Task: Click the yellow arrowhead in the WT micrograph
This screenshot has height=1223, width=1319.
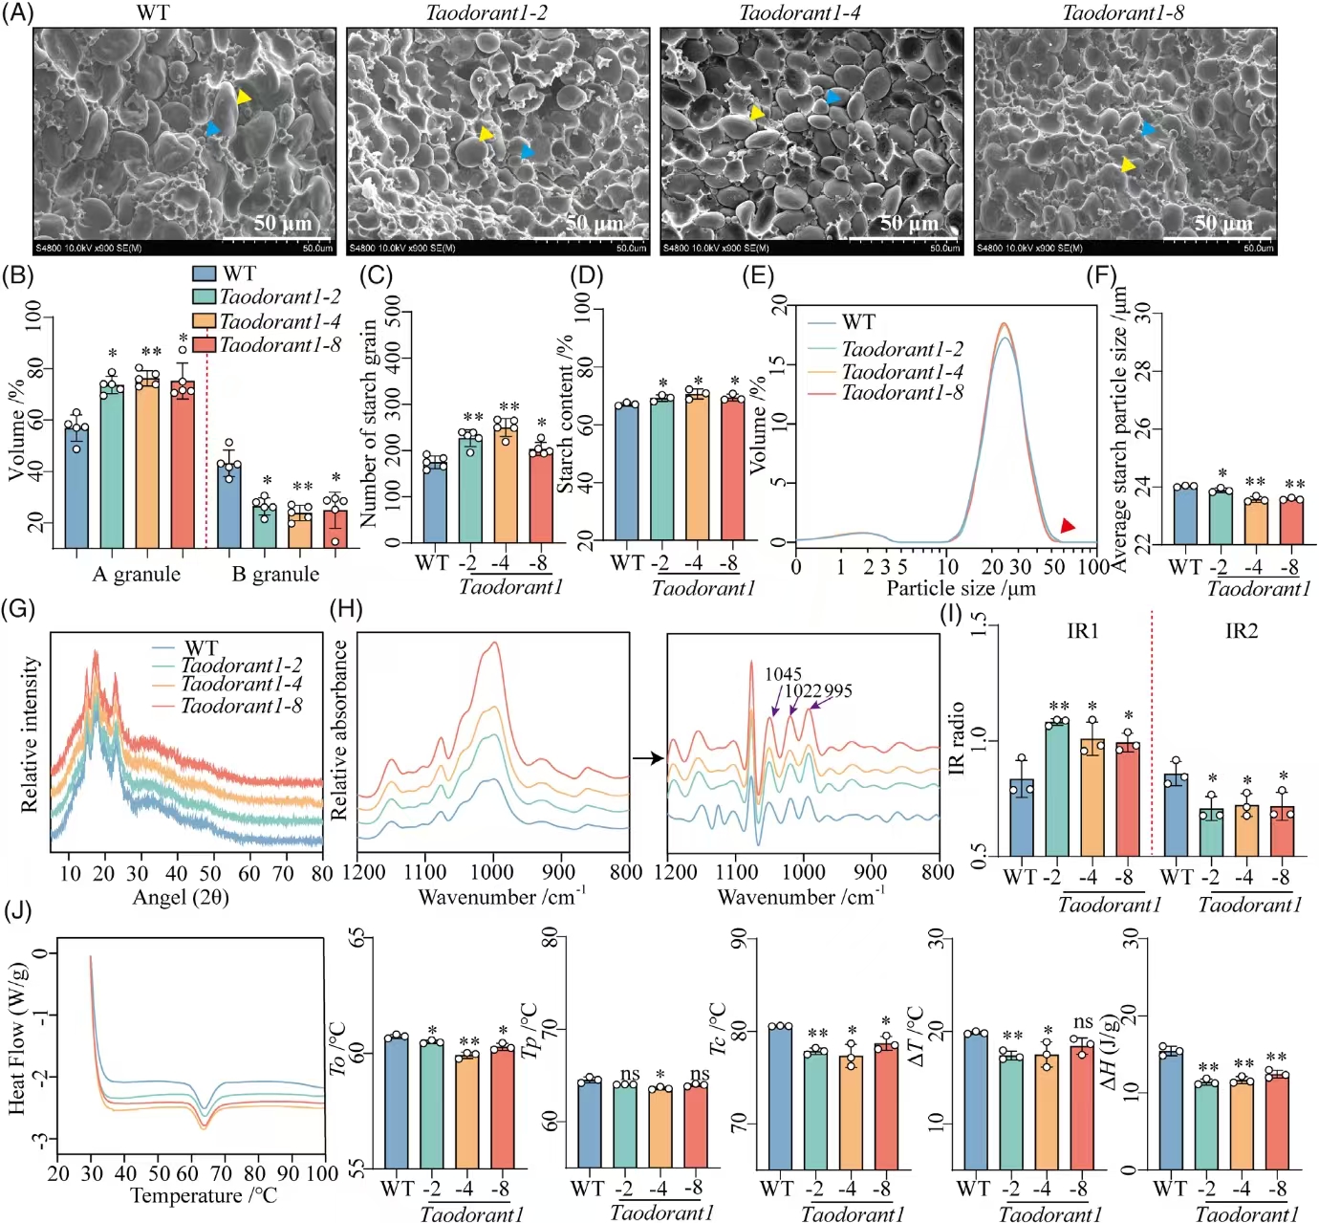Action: click(244, 97)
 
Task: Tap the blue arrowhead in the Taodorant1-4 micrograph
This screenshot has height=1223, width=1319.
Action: click(833, 97)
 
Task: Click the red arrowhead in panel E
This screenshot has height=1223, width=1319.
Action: click(1068, 526)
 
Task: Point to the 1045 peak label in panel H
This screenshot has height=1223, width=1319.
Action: click(783, 674)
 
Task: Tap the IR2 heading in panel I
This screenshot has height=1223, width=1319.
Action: click(1241, 631)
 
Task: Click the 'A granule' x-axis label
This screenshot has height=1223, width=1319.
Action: click(136, 574)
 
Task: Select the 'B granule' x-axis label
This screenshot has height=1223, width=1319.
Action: click(275, 574)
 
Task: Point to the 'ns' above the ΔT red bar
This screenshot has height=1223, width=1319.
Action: click(1083, 1022)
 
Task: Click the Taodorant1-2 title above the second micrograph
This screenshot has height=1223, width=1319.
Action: click(486, 13)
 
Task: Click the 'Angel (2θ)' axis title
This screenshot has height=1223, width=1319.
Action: click(181, 897)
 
